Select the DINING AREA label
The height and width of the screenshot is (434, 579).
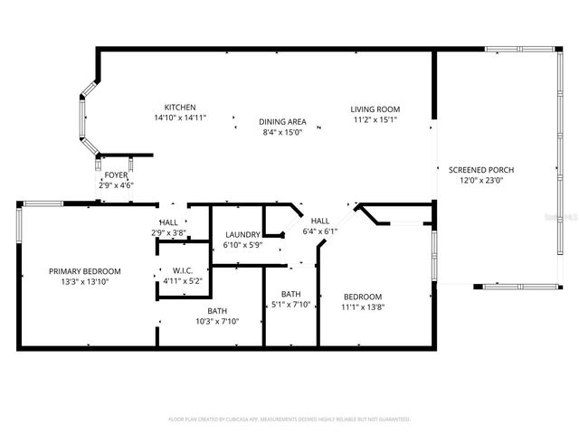(283, 122)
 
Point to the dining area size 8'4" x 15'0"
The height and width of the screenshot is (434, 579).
(283, 132)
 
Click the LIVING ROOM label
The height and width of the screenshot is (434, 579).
(375, 109)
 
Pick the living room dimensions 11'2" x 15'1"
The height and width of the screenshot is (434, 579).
(375, 119)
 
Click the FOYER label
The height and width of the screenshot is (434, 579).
(116, 175)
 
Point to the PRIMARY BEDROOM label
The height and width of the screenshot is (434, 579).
(84, 271)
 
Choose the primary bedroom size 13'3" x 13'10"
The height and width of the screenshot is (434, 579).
(84, 282)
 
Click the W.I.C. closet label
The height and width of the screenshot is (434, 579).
(184, 270)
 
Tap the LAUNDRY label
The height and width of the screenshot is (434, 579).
(242, 235)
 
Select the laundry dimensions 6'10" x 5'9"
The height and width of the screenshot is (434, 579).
(242, 245)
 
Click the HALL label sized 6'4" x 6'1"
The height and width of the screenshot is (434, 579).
(320, 221)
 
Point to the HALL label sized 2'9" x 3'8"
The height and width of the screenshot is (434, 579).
(169, 222)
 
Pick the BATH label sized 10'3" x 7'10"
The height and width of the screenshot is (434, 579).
(217, 310)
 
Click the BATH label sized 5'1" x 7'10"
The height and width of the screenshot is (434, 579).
(290, 294)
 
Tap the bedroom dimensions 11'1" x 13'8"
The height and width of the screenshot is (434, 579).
(362, 307)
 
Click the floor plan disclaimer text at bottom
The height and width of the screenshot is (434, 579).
(289, 420)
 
